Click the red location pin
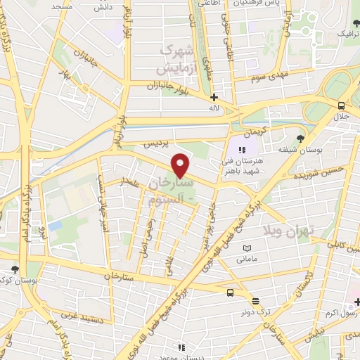tap(181, 165)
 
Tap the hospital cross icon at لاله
tap(214, 98)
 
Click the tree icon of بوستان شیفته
tap(301, 139)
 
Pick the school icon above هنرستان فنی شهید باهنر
tap(242, 149)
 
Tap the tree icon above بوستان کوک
tap(15, 269)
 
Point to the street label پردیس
tap(157, 144)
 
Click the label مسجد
tap(62, 6)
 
